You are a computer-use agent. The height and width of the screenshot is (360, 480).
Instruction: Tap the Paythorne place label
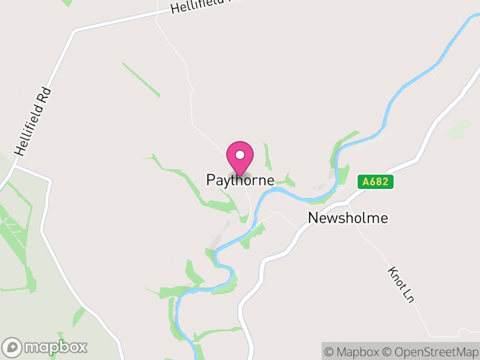pyautogui.click(x=240, y=180)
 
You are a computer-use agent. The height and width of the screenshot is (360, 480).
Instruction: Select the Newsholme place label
pyautogui.click(x=348, y=218)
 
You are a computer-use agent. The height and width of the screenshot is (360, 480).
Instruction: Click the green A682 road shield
pyautogui.click(x=376, y=182)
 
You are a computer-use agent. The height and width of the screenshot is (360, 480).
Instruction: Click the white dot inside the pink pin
pyautogui.click(x=240, y=155)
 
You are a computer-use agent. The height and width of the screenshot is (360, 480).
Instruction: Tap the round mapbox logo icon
pyautogui.click(x=13, y=347)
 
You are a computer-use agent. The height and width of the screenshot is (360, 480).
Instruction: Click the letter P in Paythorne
pyautogui.click(x=211, y=180)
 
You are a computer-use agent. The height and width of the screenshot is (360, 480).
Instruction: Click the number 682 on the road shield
pyautogui.click(x=379, y=182)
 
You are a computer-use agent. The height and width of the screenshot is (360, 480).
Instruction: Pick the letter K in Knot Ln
pyautogui.click(x=392, y=271)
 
